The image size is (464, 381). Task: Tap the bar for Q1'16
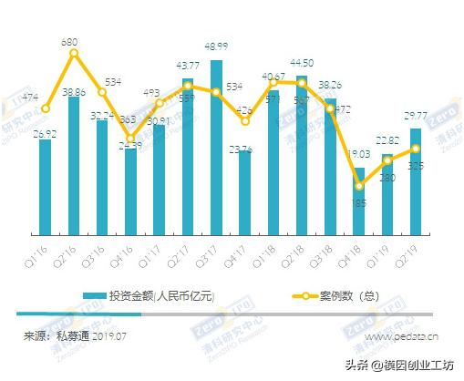[x=46, y=182]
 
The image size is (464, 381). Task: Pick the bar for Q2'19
[x=416, y=178]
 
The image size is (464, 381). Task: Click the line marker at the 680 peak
[x=74, y=53]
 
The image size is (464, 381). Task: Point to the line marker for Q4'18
[x=359, y=186]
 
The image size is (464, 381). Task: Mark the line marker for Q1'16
[x=46, y=108]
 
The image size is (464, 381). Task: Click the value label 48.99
[x=216, y=46]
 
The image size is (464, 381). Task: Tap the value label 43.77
[x=188, y=66]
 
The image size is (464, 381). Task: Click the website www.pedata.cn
[x=402, y=336]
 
